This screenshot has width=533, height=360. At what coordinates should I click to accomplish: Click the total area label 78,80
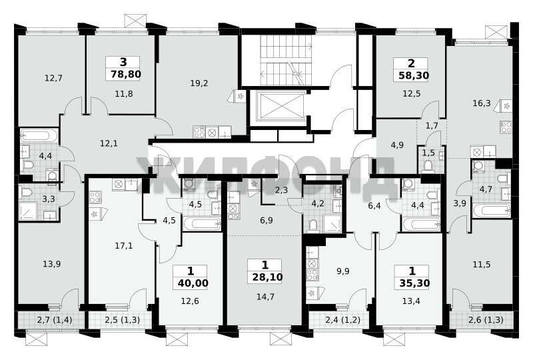pos(126,74)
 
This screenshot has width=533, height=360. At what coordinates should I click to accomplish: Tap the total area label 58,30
pos(414,75)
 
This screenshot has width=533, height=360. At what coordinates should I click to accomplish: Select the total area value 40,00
pos(193,283)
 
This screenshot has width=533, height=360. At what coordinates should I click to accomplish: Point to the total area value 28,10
pos(268,277)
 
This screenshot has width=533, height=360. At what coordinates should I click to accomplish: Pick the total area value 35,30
pos(414,283)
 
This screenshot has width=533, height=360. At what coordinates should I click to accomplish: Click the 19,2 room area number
pos(199,83)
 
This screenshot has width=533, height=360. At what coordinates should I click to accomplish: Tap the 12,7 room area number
pos(53,78)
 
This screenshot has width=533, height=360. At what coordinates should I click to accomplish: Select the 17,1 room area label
pos(124,245)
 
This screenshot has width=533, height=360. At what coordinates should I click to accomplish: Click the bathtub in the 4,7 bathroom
pos(492,211)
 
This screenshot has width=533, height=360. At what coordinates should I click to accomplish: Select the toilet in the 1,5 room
pos(428,167)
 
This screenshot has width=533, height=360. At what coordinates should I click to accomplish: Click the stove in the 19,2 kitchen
pos(199,132)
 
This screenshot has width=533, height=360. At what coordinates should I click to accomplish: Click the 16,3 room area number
pos(482,103)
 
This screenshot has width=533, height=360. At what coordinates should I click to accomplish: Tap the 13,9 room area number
pos(52,264)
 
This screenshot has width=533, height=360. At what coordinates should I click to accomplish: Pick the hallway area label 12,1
pos(109,143)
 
